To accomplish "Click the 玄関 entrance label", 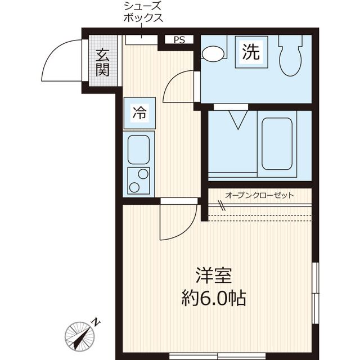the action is pos(102,62).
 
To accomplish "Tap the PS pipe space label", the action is pos(179,40).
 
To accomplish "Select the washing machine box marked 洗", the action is pos(251,52).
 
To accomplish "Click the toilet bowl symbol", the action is pos(291,56).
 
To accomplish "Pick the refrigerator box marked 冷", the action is pos(139,113).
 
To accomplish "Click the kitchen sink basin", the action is pos(138,150).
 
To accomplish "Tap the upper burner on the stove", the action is pos(143,174).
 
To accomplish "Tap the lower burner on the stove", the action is pos(134,187).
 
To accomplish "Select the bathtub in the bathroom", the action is pos(277,144).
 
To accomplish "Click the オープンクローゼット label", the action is pos(259,196).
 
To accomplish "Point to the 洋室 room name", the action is pos(213,276).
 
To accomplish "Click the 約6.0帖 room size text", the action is pos(214,298).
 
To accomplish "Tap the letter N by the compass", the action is pos(96,322).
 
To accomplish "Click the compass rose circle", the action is pos(79,336).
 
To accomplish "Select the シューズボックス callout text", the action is pos(143,12).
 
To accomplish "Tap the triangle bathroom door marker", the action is pos(238,120).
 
